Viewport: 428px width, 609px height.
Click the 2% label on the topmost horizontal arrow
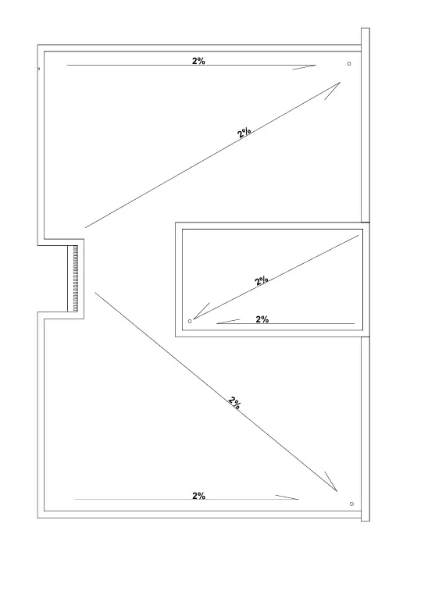[x=198, y=61]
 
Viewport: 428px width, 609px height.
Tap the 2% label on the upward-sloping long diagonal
[x=244, y=133]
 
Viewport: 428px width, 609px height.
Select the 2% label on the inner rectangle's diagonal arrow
[x=262, y=280]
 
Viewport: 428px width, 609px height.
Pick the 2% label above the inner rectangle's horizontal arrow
[x=262, y=319]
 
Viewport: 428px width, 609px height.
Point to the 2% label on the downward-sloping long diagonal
[x=234, y=403]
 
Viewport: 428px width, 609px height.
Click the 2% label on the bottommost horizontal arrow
[x=198, y=496]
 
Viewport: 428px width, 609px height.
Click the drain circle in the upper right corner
[x=349, y=63]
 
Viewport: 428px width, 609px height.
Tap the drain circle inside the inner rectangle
[x=190, y=321]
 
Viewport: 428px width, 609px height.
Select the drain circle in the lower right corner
[x=351, y=504]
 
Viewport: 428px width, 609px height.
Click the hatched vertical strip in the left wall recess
[x=75, y=278]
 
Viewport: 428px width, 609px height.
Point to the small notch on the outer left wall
[x=38, y=69]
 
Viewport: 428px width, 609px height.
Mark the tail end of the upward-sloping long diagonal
[x=85, y=228]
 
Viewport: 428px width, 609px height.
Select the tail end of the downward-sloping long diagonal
[x=95, y=293]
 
